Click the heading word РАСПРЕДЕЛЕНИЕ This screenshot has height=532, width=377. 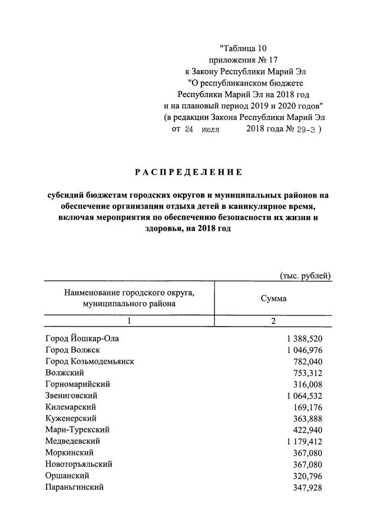tap(188, 172)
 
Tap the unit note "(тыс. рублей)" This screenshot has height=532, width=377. tap(305, 275)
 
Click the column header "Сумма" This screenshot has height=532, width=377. tap(273, 298)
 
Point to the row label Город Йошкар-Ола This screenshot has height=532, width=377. tap(85, 339)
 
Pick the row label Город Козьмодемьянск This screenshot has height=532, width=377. tap(90, 361)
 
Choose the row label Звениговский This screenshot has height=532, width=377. tap(71, 395)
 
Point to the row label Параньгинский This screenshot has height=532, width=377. tap(74, 487)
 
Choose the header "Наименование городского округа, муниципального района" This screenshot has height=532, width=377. tap(129, 298)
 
